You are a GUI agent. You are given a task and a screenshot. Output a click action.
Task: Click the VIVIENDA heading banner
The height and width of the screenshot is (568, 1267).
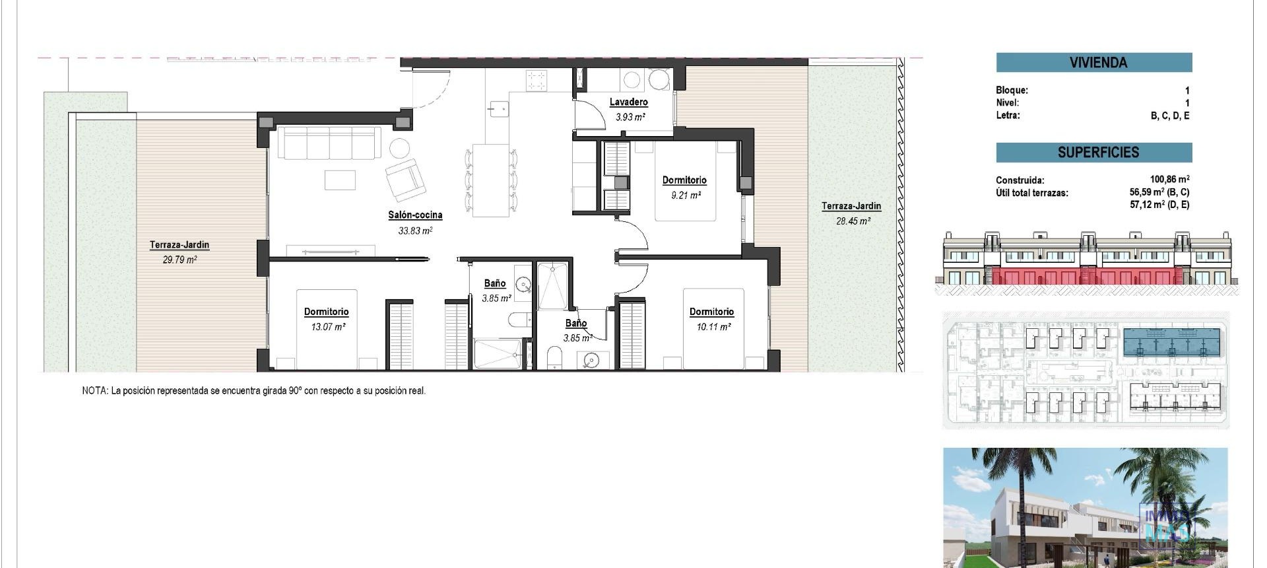pos(1093,63)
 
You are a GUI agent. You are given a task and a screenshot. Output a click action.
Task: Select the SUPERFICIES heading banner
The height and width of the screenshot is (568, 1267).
pos(1093,153)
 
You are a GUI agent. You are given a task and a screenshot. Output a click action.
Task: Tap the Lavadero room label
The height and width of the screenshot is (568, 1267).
pos(628,102)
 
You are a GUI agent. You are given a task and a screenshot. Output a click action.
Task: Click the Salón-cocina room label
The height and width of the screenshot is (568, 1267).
pos(415,215)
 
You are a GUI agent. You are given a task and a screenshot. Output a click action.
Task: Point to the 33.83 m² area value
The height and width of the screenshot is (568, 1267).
pos(415,231)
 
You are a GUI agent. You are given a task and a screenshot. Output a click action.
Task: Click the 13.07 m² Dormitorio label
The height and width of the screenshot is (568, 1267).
pos(326,312)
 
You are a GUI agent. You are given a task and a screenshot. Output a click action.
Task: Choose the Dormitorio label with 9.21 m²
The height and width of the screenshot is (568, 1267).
pos(684,180)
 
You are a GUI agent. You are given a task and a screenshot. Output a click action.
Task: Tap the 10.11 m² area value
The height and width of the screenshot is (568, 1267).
pos(711,327)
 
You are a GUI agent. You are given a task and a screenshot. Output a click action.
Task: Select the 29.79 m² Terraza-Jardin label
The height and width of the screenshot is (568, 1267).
pos(179,245)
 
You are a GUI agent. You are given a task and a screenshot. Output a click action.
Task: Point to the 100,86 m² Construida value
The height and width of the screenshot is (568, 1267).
pos(1169,179)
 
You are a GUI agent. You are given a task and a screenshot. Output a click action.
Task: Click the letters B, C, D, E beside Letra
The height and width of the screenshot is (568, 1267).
pos(1170,116)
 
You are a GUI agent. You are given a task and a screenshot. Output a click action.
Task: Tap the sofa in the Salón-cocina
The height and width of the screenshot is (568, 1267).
pos(329,143)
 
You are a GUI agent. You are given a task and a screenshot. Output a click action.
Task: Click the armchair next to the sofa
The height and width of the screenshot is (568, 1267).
pos(404,180)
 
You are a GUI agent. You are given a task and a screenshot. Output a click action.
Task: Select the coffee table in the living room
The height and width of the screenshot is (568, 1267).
pos(340,180)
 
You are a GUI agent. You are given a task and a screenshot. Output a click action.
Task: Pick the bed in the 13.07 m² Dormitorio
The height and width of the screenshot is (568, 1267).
pos(327,330)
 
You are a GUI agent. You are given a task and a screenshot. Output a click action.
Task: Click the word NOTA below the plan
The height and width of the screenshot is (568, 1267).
pos(94,391)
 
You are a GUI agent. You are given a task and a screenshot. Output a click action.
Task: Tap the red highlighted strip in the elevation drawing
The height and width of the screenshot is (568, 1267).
pos(1089,276)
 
